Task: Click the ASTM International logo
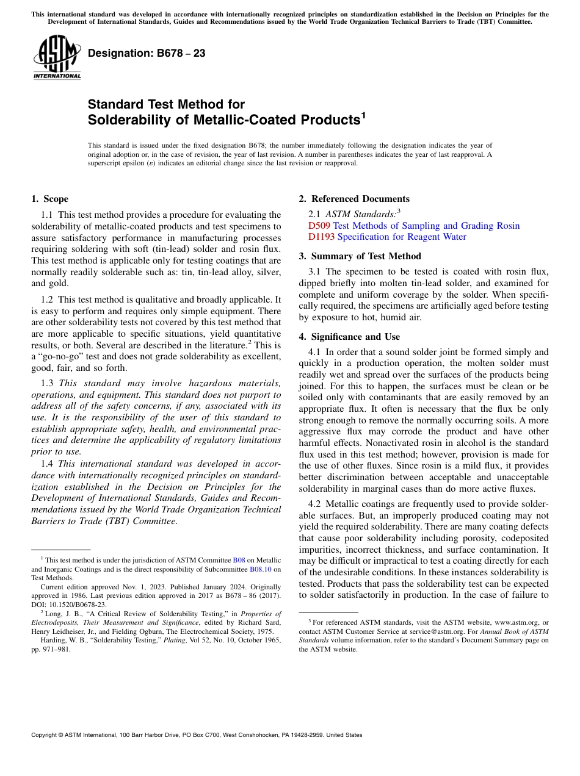coord(57,58)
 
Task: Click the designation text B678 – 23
coord(147,53)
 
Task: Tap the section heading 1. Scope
coord(49,199)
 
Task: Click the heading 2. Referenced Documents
coord(354,199)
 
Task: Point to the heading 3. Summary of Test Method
coord(360,256)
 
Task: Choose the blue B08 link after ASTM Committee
coord(239,559)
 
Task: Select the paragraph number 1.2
coord(47,300)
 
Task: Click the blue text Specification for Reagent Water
coord(402,237)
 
